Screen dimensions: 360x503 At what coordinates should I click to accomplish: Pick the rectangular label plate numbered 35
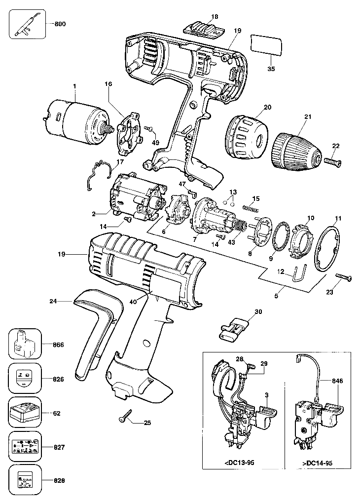click(x=267, y=45)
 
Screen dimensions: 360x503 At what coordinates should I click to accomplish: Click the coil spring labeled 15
click(x=251, y=208)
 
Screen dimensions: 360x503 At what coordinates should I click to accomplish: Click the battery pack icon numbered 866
click(x=25, y=344)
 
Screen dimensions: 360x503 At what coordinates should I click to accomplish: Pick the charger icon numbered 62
click(x=25, y=413)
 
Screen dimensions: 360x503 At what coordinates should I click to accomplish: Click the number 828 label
click(x=59, y=481)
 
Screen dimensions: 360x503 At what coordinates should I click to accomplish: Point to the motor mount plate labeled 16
click(x=128, y=130)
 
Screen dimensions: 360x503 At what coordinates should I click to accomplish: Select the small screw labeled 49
click(x=149, y=128)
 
